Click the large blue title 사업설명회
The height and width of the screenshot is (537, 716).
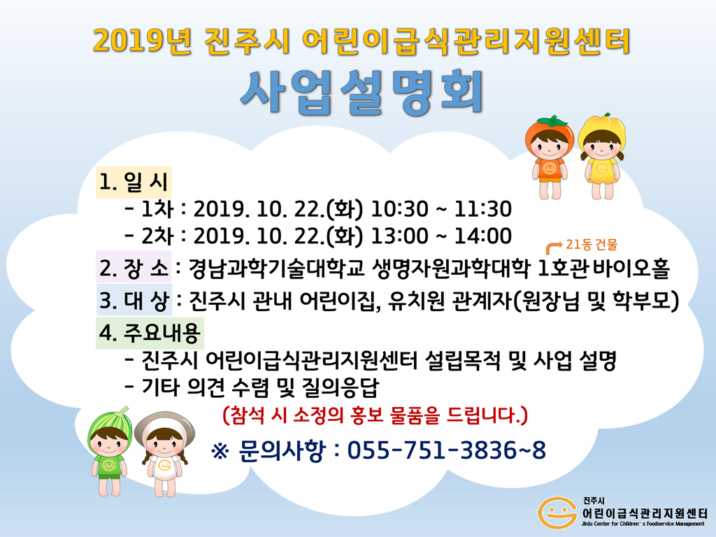point(361,92)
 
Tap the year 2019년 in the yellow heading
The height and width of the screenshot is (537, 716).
point(143,41)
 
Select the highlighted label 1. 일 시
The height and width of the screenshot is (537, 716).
point(134,182)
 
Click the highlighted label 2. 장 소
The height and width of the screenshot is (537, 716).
point(134,267)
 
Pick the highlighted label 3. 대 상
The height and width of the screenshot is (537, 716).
point(134,299)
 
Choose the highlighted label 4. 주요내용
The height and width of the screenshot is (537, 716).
point(150,333)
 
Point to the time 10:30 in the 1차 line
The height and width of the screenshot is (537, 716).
point(399,209)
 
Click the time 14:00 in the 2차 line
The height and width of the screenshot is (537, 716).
point(482,236)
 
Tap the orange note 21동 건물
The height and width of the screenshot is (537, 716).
point(592,245)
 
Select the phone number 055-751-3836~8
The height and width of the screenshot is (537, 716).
point(446,450)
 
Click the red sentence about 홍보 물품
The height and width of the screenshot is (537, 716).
point(375,415)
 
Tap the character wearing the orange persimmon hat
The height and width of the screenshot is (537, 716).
point(550,156)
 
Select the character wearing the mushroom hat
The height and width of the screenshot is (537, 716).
point(165,454)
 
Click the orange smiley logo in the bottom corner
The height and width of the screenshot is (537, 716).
point(557,512)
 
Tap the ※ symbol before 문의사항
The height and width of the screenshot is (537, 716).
point(220,451)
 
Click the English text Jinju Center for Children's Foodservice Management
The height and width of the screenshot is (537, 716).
point(643,524)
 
